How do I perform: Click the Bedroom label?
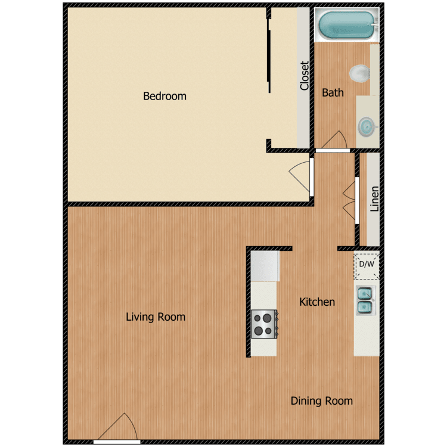tap(164, 96)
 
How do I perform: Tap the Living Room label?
tap(156, 317)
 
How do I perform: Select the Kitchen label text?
tap(316, 302)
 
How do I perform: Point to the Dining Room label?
tap(321, 401)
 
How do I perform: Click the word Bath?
tap(333, 93)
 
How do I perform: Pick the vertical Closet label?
tap(305, 76)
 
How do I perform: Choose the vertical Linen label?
tap(374, 200)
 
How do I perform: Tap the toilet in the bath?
tap(360, 73)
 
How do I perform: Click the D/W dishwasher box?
tap(366, 265)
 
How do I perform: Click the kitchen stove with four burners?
tap(263, 324)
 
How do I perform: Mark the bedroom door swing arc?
tap(299, 174)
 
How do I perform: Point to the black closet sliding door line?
tap(269, 54)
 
